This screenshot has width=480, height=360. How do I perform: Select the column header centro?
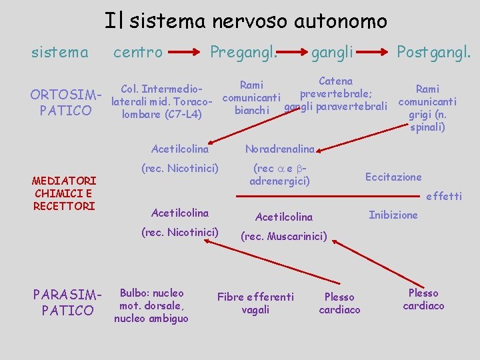tap(138, 51)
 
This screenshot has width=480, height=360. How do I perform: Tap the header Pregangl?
tap(243, 51)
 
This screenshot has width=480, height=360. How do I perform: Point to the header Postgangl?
tap(433, 51)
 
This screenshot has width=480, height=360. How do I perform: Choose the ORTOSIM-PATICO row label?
tap(61, 101)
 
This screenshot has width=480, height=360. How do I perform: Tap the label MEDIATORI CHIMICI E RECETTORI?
tap(65, 193)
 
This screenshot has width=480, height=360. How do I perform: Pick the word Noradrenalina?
tap(279, 149)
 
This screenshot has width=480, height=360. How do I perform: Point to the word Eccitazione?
tap(393, 177)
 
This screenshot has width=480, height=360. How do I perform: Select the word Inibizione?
tap(393, 215)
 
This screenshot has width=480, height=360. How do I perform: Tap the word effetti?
tap(443, 196)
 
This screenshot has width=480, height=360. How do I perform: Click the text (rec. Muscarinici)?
tap(283, 236)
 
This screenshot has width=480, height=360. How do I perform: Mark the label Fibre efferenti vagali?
tap(255, 303)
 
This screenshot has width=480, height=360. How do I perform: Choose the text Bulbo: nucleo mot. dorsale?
tap(151, 299)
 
